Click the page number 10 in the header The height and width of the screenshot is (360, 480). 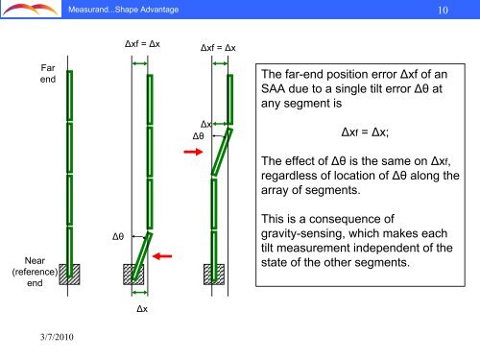click(444, 12)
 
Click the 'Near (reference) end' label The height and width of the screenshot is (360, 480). click(37, 270)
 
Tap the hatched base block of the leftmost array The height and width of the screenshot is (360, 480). click(69, 274)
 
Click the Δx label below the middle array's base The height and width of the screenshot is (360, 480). click(141, 310)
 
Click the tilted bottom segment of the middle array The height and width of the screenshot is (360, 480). click(143, 252)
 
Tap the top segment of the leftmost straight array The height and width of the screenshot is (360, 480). click(69, 96)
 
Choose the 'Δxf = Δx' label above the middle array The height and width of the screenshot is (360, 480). click(143, 44)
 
